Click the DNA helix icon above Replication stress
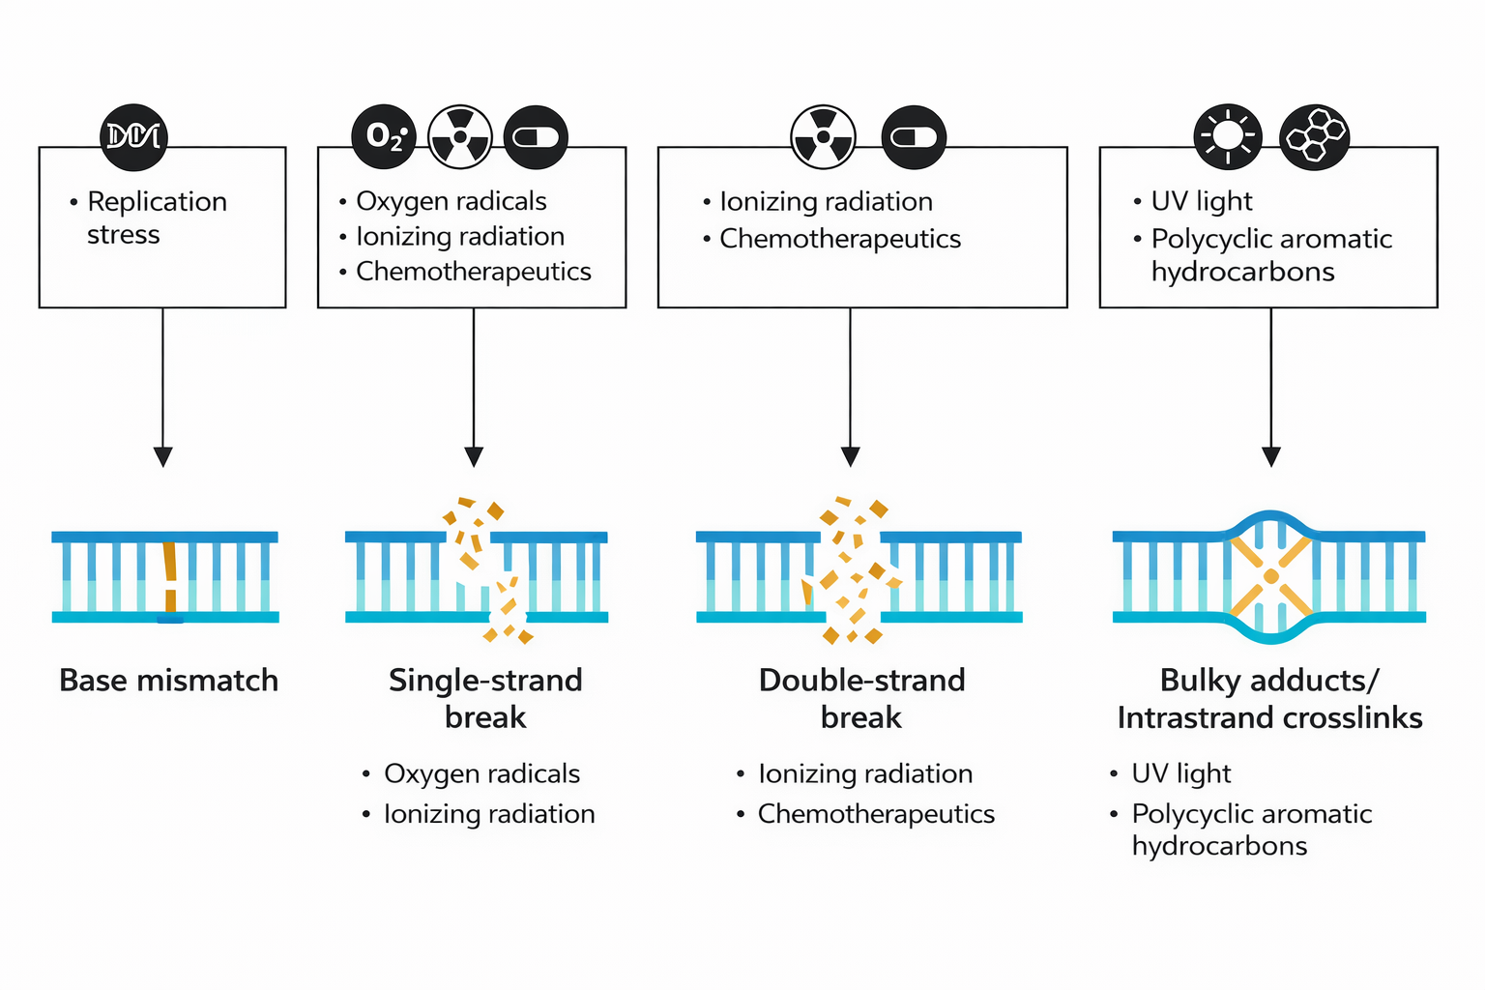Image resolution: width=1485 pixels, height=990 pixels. [x=134, y=137]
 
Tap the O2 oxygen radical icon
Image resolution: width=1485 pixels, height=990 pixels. [x=384, y=137]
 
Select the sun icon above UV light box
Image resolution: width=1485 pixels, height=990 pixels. [x=1228, y=136]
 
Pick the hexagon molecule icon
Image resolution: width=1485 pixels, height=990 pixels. [x=1314, y=137]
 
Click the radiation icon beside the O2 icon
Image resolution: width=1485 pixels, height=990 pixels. [x=460, y=137]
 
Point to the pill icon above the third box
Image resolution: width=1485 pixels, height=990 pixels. [x=914, y=137]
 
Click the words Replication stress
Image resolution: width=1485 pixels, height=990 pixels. [x=157, y=218]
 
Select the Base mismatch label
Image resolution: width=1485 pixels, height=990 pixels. [x=169, y=681]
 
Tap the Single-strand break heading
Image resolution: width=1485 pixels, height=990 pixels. [x=485, y=698]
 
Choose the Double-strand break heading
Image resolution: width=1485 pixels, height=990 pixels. [x=861, y=698]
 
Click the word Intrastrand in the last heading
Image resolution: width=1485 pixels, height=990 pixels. [x=1197, y=717]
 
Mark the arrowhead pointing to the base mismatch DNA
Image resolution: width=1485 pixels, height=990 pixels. [x=162, y=456]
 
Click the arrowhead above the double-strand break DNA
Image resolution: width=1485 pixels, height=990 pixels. [x=850, y=456]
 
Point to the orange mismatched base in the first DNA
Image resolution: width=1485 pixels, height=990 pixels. [x=170, y=576]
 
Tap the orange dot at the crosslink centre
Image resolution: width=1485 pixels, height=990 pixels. [x=1271, y=576]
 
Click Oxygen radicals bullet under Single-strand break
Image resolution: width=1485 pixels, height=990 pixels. [x=481, y=773]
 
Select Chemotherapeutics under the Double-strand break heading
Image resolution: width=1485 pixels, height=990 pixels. [x=876, y=814]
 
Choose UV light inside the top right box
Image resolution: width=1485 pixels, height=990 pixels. [x=1202, y=201]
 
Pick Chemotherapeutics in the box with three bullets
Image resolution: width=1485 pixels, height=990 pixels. [x=474, y=272]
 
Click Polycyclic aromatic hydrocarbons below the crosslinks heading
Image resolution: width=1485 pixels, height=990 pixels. [x=1251, y=830]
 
